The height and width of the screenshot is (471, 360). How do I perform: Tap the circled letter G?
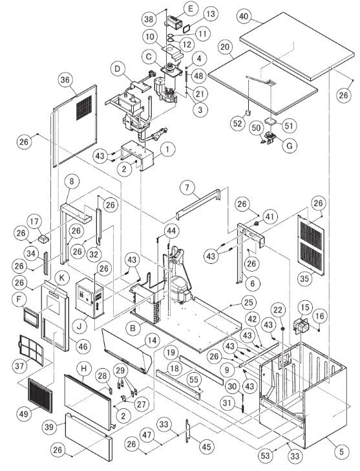pyautogui.click(x=289, y=146)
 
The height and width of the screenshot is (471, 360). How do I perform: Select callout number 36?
pyautogui.click(x=65, y=80)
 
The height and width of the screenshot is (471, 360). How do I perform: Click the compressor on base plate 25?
pyautogui.click(x=178, y=285)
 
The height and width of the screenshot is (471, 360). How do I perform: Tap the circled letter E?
pyautogui.click(x=173, y=8)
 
